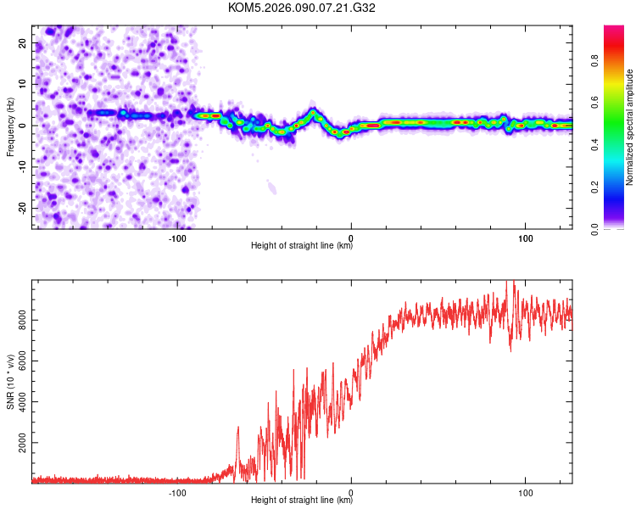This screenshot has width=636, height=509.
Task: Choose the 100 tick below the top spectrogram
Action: (525, 238)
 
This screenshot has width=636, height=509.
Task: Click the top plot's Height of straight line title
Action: (302, 247)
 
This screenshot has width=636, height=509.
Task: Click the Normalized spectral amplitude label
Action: (630, 127)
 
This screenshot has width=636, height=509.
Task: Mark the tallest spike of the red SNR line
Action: (510, 283)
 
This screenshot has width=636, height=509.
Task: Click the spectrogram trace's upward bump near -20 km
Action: (313, 112)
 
